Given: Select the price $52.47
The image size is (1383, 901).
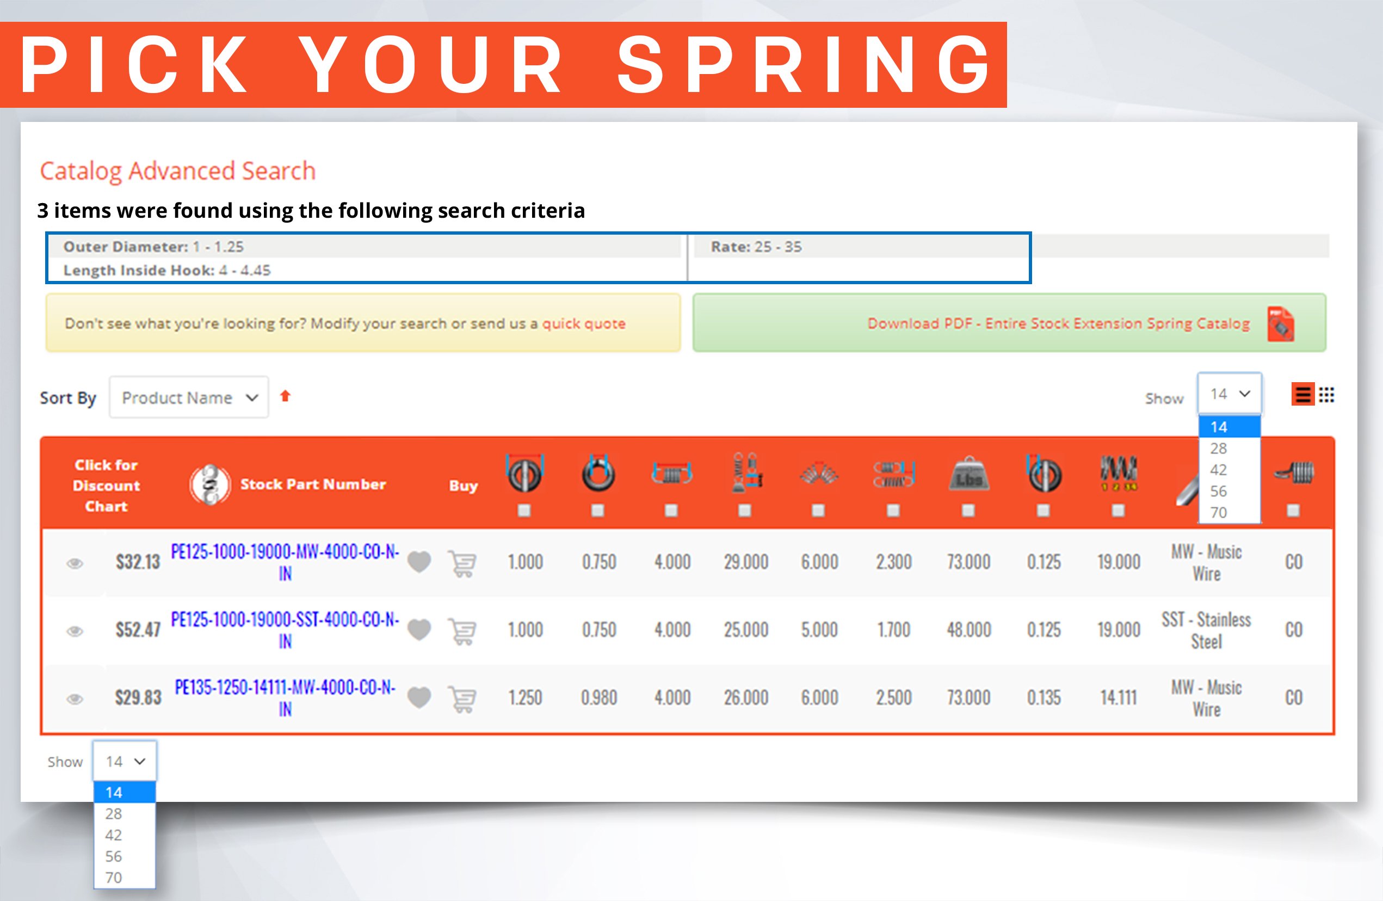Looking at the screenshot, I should [x=138, y=629].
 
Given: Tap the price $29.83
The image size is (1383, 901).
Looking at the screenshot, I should [x=138, y=697].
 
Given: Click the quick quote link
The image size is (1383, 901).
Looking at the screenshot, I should [x=583, y=324].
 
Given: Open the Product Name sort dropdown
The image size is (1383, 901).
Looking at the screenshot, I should [x=189, y=397].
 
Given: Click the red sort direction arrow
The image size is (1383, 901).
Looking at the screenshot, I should [x=285, y=396].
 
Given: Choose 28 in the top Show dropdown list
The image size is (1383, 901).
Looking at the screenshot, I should [x=1219, y=448].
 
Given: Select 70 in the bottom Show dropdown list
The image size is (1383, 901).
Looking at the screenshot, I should [x=114, y=877].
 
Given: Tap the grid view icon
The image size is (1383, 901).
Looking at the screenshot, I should [x=1326, y=395].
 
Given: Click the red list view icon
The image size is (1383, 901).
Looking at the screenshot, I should [x=1303, y=395].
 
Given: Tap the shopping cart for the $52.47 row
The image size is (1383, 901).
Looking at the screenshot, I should [x=462, y=630].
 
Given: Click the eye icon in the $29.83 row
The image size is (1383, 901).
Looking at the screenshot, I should [x=75, y=698].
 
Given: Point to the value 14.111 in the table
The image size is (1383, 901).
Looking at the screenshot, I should [x=1118, y=697].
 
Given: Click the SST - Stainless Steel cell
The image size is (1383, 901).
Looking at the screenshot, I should [x=1206, y=630].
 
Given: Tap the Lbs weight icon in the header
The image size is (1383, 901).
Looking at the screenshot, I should [x=968, y=474].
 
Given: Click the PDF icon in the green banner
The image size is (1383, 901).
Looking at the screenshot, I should [x=1280, y=324].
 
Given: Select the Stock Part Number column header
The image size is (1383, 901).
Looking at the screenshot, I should [x=313, y=484].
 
